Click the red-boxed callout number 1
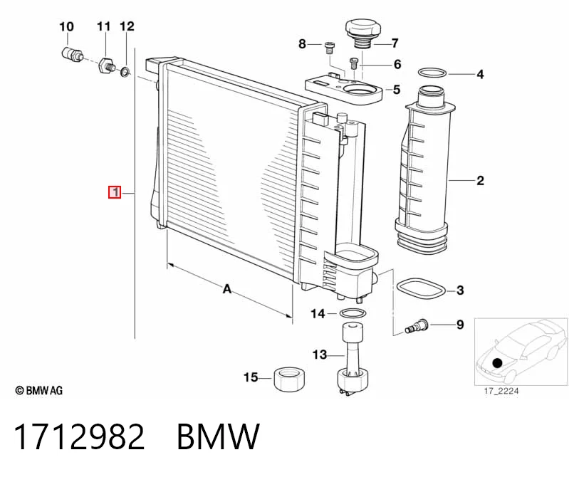[115, 192]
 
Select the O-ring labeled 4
[432, 73]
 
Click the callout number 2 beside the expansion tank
[480, 180]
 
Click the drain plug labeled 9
[417, 325]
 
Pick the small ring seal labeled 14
[353, 313]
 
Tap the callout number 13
[320, 355]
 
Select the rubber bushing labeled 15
[289, 379]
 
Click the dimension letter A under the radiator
[226, 289]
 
